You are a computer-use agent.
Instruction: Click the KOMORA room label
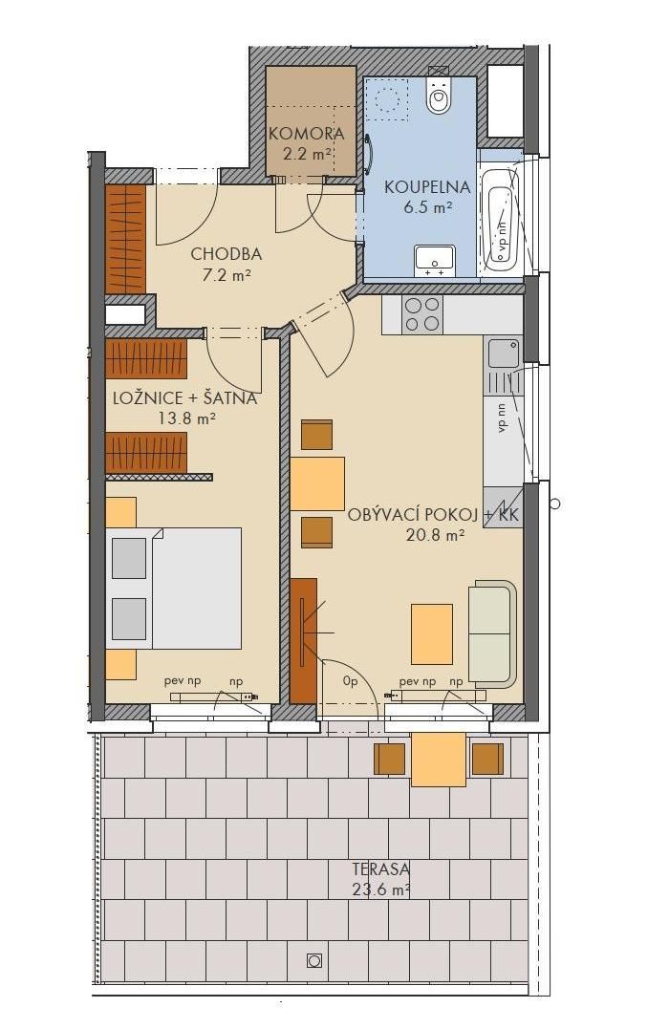[x=307, y=134]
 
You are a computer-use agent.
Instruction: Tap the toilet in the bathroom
[x=440, y=94]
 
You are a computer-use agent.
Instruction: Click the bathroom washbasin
[x=435, y=261]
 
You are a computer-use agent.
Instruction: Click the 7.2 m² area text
[x=226, y=275]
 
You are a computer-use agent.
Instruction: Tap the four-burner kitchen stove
[x=422, y=314]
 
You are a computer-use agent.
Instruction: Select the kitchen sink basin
[x=504, y=354]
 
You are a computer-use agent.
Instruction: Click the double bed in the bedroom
[x=173, y=588]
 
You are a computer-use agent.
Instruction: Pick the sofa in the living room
[x=492, y=633]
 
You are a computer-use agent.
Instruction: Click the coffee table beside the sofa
[x=431, y=634]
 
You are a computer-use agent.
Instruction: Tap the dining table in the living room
[x=317, y=483]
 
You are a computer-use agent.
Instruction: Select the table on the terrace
[x=439, y=760]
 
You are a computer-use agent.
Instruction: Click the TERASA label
[x=380, y=869]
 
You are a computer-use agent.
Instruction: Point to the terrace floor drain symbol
[x=314, y=960]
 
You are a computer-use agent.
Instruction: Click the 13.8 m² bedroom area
[x=187, y=418]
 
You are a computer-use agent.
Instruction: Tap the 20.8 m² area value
[x=436, y=535]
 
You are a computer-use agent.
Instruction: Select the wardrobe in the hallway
[x=125, y=240]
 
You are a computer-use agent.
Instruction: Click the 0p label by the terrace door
[x=350, y=682]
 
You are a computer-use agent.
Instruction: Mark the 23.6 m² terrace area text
[x=380, y=890]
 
